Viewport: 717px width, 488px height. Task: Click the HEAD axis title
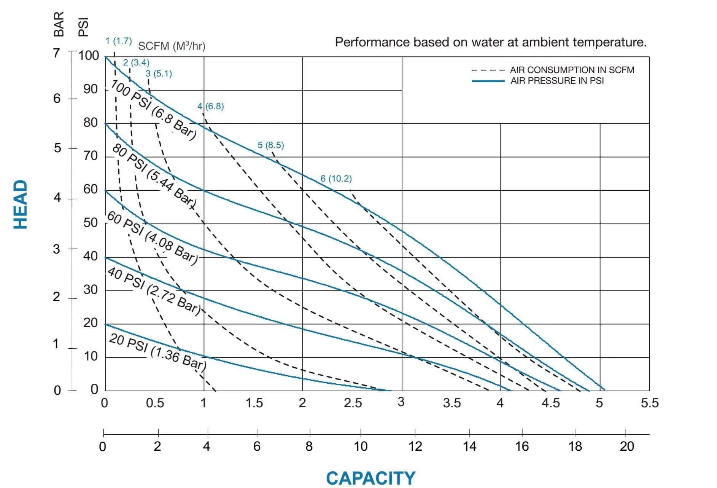[x=21, y=204]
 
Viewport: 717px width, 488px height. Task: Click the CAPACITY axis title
[x=370, y=478]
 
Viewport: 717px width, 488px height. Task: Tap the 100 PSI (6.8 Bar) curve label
[x=154, y=110]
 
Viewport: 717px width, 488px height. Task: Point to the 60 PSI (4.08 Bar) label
[x=152, y=238]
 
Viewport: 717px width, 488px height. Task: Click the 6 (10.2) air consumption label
[x=336, y=179]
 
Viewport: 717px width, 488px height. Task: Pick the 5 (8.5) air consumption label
[x=270, y=145]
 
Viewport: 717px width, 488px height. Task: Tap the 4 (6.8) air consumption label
[x=210, y=106]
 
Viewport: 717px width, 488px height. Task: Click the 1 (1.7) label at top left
[x=119, y=41]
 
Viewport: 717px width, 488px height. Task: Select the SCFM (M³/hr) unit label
[x=172, y=46]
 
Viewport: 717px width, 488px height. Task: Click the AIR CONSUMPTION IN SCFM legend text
[x=572, y=70]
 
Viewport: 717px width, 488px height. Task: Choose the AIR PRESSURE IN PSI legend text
[x=557, y=81]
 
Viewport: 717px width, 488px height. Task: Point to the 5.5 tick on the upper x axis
[x=649, y=403]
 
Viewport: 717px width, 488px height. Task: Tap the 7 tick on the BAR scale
[x=57, y=53]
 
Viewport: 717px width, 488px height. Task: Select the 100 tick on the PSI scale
[x=89, y=56]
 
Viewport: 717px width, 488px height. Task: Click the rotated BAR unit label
[x=59, y=24]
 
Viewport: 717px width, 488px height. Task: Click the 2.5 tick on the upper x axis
[x=353, y=403]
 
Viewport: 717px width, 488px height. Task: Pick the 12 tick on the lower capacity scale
[x=415, y=446]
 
